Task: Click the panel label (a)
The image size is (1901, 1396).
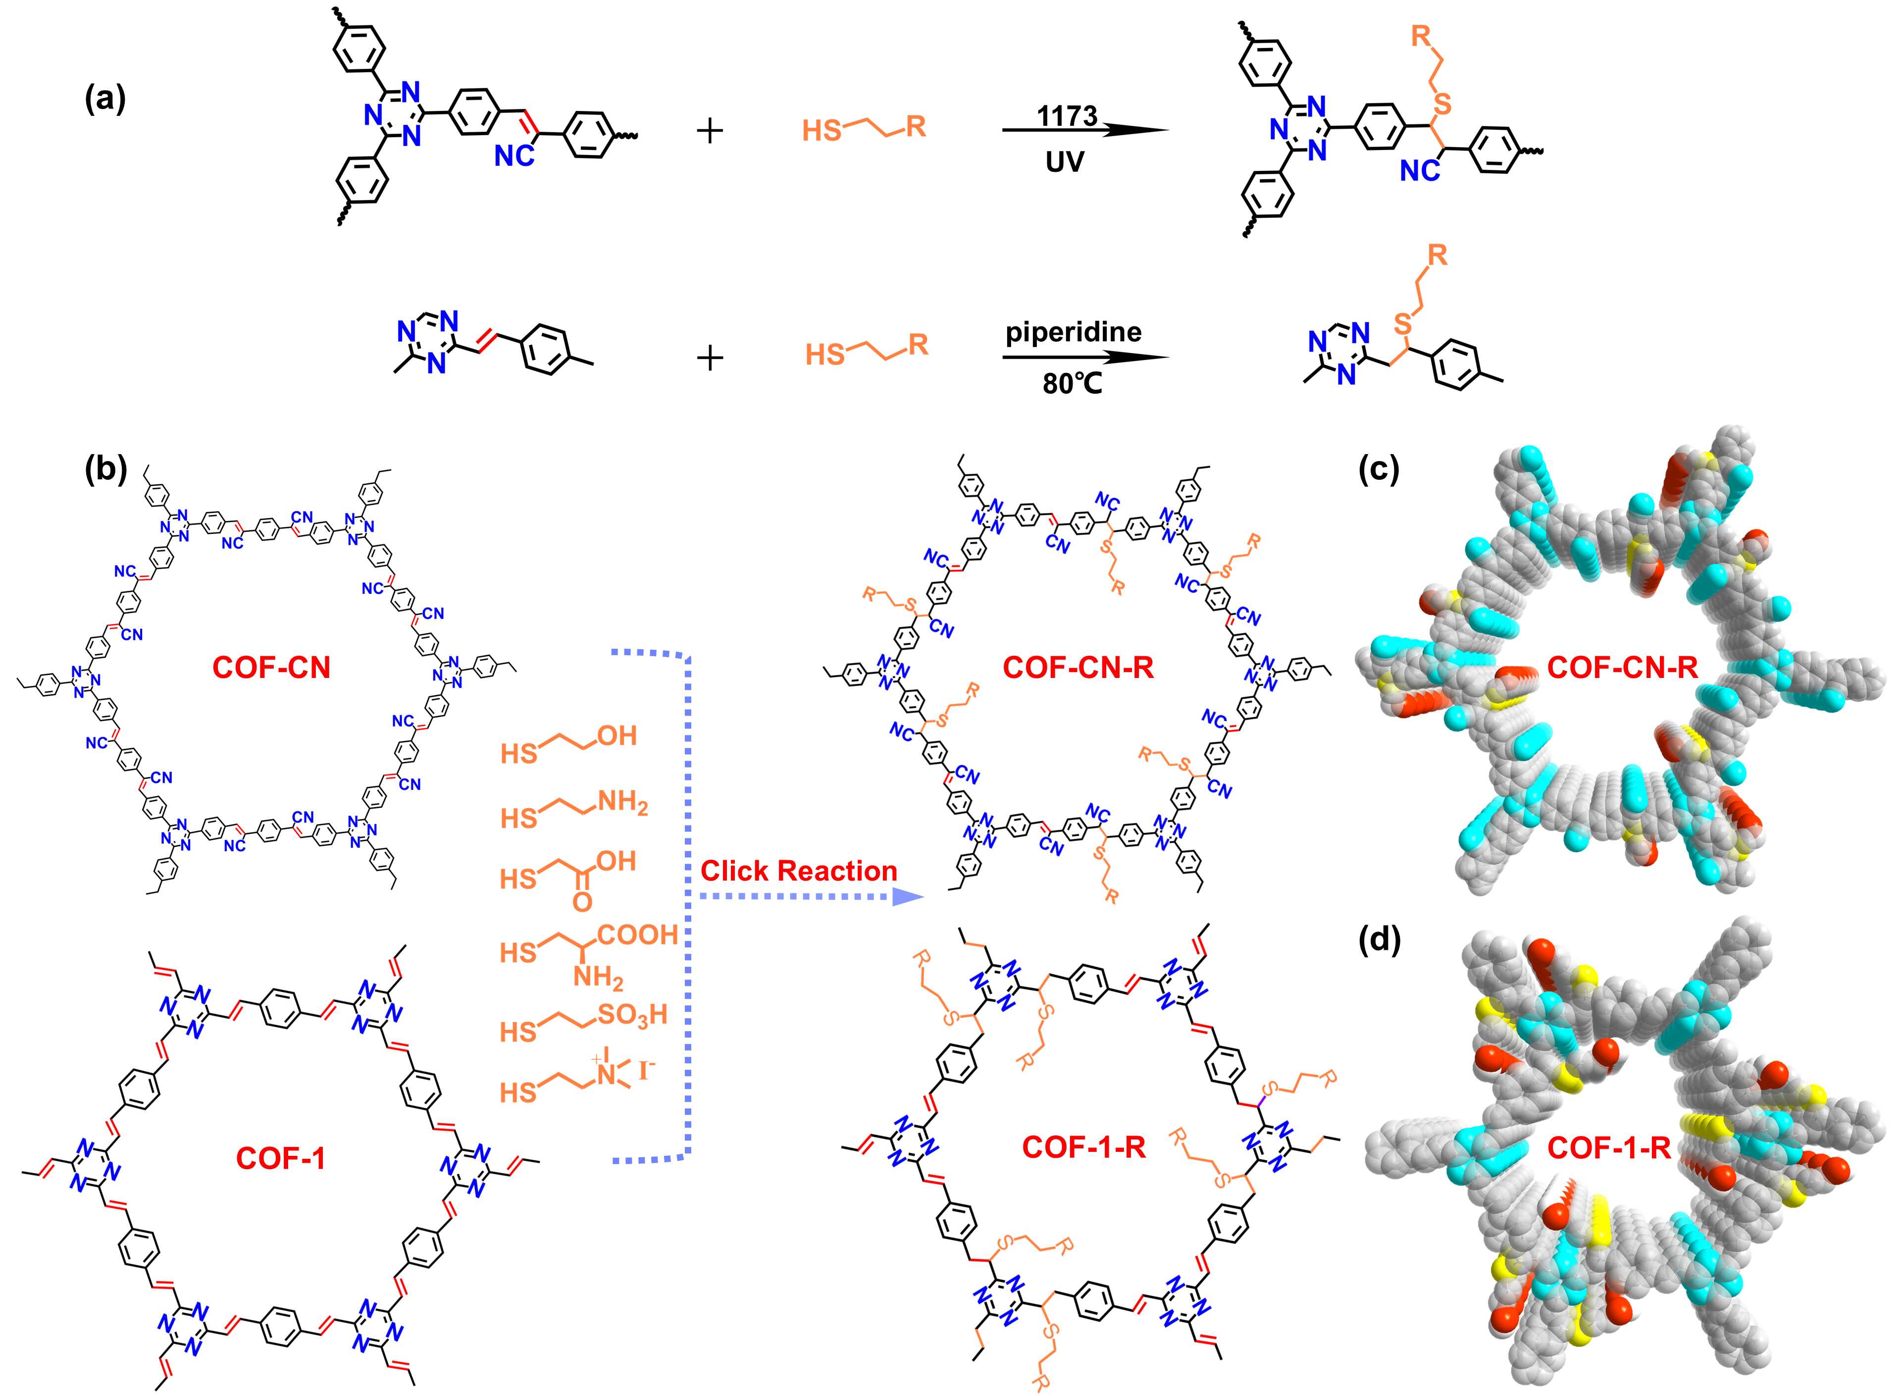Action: pyautogui.click(x=105, y=100)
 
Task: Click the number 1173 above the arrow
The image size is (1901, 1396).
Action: pyautogui.click(x=1067, y=116)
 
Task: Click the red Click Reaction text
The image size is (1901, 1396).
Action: pyautogui.click(x=798, y=871)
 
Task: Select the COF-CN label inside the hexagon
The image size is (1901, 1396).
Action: pyautogui.click(x=271, y=668)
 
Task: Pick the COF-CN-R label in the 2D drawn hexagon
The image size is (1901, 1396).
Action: pyautogui.click(x=1078, y=668)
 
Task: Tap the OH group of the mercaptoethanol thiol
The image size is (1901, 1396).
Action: pyautogui.click(x=617, y=736)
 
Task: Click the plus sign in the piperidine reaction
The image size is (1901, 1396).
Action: pyautogui.click(x=710, y=359)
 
